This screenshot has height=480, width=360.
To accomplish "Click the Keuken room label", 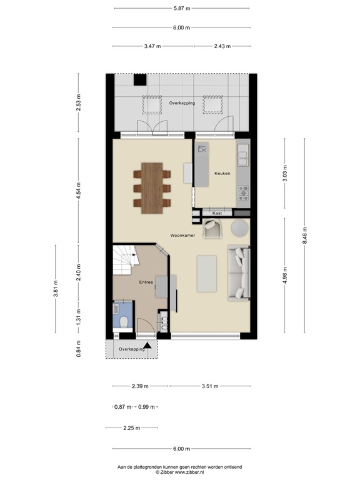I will click(222, 173).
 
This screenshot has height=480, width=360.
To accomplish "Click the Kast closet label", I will click(217, 213).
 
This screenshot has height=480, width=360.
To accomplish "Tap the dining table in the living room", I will click(152, 187).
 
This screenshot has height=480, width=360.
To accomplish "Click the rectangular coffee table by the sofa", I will click(207, 274).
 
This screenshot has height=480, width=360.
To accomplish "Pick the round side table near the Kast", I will click(239, 229).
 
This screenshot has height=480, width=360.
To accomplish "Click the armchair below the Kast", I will click(214, 229).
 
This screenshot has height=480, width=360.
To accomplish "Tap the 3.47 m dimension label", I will click(152, 46).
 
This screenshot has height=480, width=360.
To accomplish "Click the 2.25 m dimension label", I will click(131, 428).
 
